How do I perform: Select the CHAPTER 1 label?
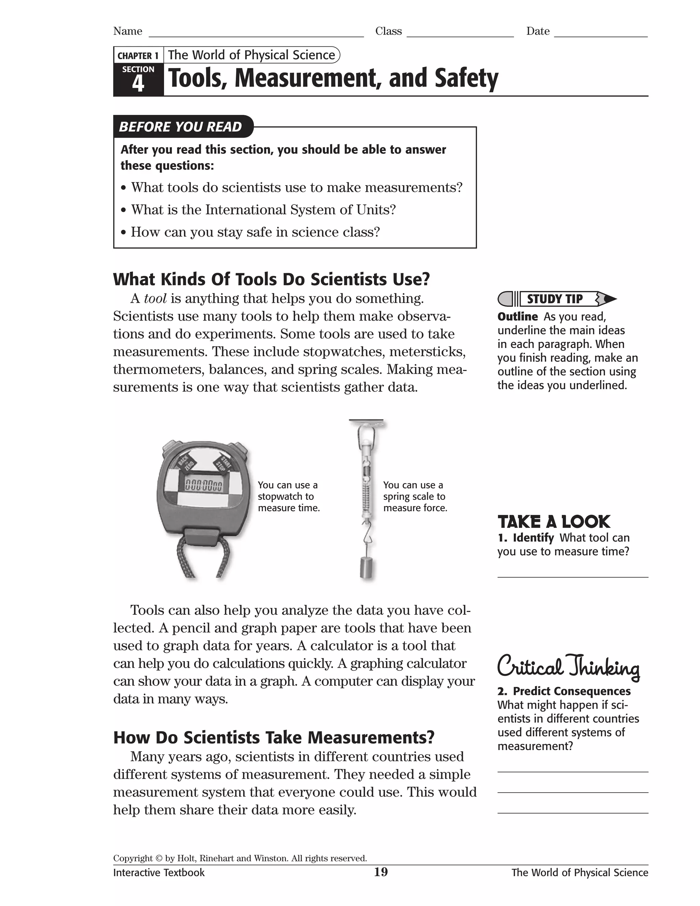[x=138, y=56]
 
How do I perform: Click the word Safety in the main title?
[x=466, y=78]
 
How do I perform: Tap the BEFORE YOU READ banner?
[x=180, y=126]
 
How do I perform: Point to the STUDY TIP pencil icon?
[x=556, y=299]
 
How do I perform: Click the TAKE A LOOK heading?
[x=554, y=522]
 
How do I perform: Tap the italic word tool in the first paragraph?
[x=155, y=298]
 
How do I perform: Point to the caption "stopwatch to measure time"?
[x=288, y=496]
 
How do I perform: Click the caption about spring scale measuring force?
[x=415, y=496]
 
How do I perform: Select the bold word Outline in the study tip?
[x=517, y=317]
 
